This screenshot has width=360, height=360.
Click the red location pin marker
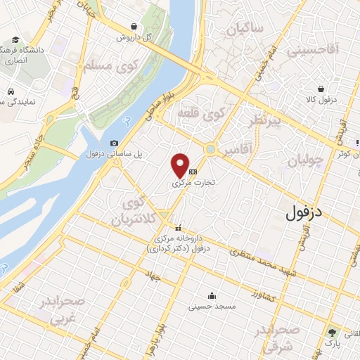[x=181, y=165]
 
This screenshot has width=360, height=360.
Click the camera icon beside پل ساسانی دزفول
[x=115, y=143]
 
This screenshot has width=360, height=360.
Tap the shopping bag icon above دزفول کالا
[x=321, y=89]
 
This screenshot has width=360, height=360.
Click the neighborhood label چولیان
[x=306, y=160]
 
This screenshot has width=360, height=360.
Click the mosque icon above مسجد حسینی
[x=212, y=295]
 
